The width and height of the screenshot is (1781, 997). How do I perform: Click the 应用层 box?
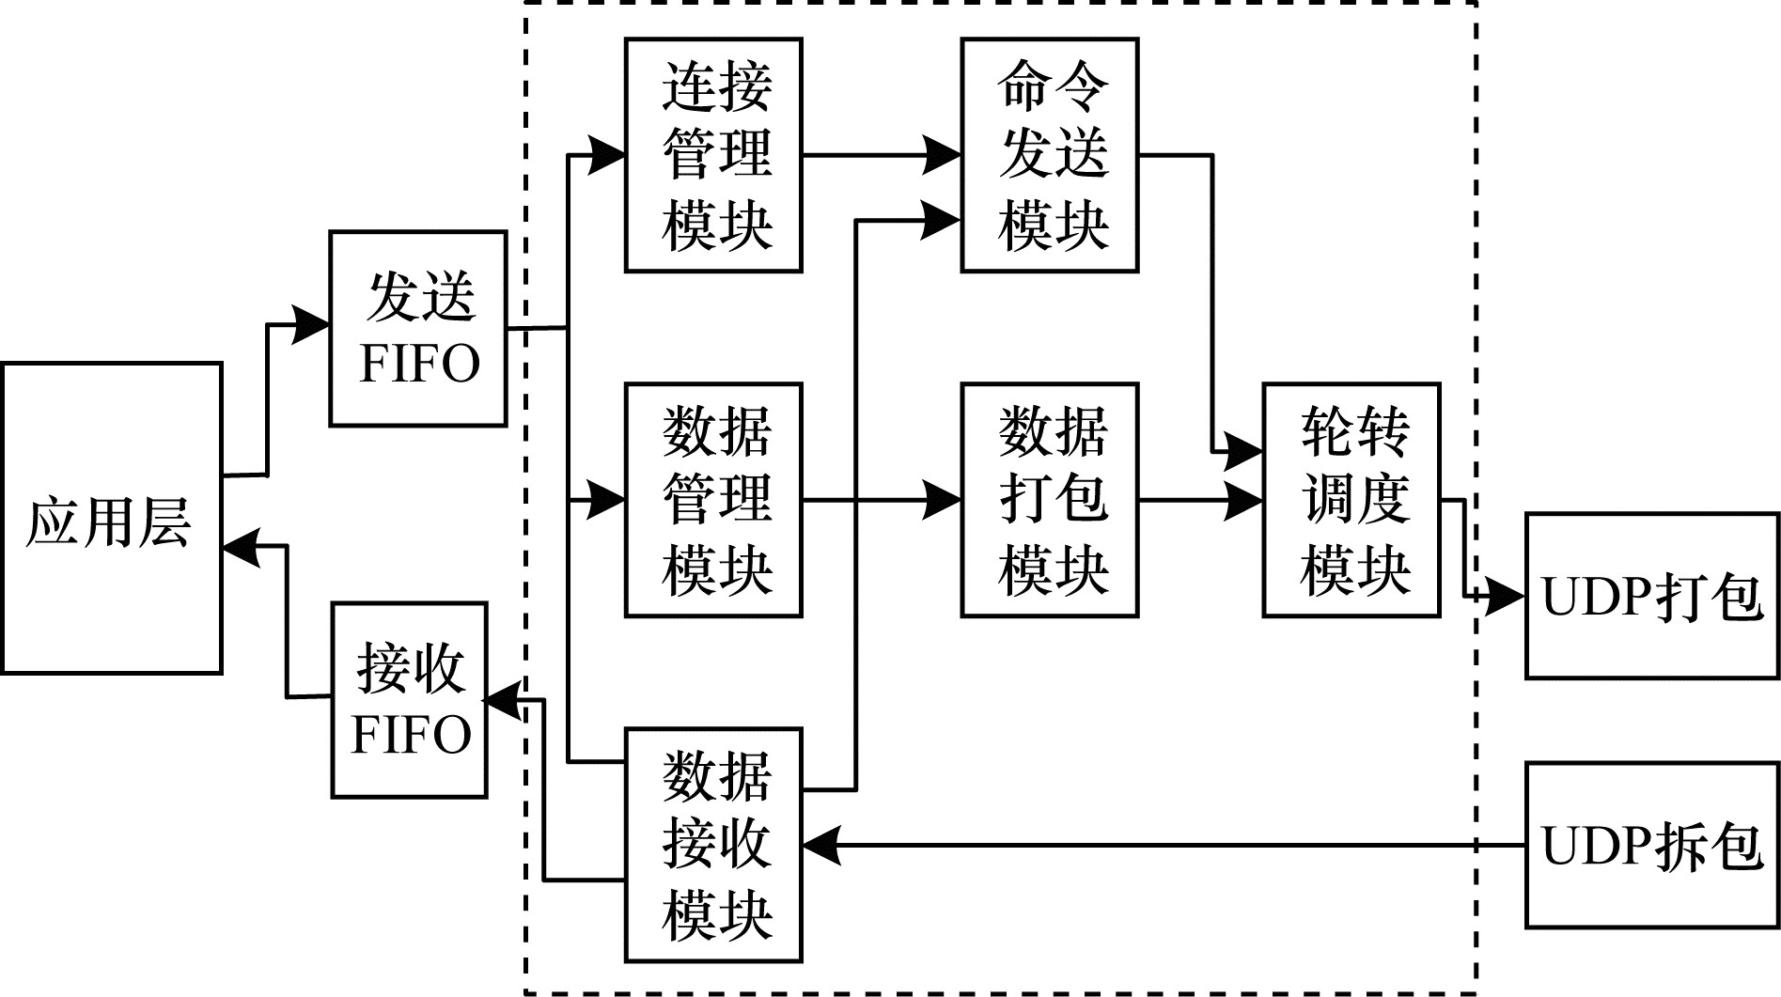pyautogui.click(x=111, y=518)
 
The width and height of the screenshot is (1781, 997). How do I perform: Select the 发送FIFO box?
pyautogui.click(x=417, y=328)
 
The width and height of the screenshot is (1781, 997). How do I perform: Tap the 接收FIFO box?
pyautogui.click(x=409, y=700)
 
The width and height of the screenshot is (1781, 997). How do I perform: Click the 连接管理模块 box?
pyautogui.click(x=713, y=155)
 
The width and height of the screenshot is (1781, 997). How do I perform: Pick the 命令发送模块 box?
pyautogui.click(x=1049, y=155)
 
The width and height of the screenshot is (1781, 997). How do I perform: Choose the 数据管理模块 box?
pyautogui.click(x=713, y=499)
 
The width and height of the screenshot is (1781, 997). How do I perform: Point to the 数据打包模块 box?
pyautogui.click(x=1049, y=499)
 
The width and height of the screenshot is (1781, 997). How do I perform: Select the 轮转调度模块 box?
pyautogui.click(x=1351, y=499)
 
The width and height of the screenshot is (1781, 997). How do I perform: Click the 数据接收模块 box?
pyautogui.click(x=713, y=844)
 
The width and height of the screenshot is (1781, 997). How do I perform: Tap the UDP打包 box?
pyautogui.click(x=1651, y=596)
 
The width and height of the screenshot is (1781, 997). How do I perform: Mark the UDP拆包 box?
pyautogui.click(x=1651, y=845)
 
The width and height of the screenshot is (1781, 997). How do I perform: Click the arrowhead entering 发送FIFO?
pyautogui.click(x=312, y=325)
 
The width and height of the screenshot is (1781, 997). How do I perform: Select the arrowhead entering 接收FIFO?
pyautogui.click(x=503, y=700)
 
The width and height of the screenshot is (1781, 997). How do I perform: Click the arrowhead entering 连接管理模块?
pyautogui.click(x=606, y=155)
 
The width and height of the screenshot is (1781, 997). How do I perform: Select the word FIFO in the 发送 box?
pyautogui.click(x=419, y=364)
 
